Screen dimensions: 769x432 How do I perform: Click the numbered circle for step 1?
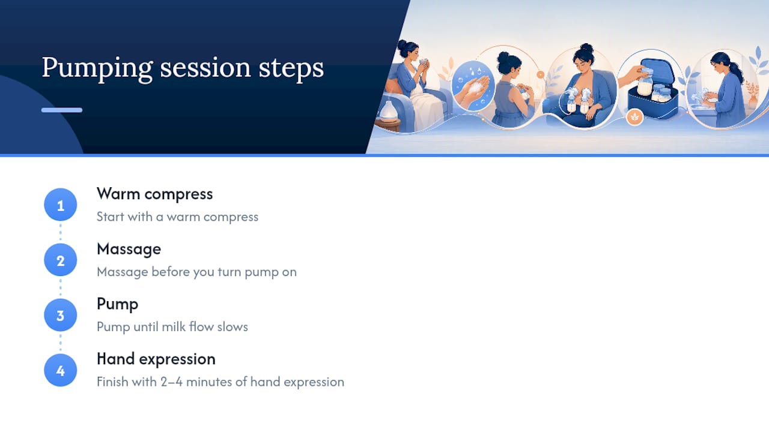point(61,205)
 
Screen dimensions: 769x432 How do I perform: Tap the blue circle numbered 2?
point(61,260)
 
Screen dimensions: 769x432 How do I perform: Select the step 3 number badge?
point(61,315)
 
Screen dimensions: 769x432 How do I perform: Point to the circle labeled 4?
point(61,370)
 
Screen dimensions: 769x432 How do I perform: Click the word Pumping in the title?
point(97,68)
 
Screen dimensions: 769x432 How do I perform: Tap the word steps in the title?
point(291,68)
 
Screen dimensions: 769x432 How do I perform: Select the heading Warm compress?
point(155,194)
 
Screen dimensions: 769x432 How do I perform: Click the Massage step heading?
point(129,249)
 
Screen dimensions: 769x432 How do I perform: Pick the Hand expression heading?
point(156,359)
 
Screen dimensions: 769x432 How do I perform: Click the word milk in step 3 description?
point(174,327)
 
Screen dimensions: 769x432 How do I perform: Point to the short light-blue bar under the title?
point(62,110)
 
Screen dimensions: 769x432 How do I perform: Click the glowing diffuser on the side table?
point(388,110)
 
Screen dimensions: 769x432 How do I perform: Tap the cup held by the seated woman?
point(424,63)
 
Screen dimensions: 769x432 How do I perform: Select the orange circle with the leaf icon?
point(634,117)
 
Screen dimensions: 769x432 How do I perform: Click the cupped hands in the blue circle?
point(475,90)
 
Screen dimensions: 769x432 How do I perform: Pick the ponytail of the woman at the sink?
point(736,71)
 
